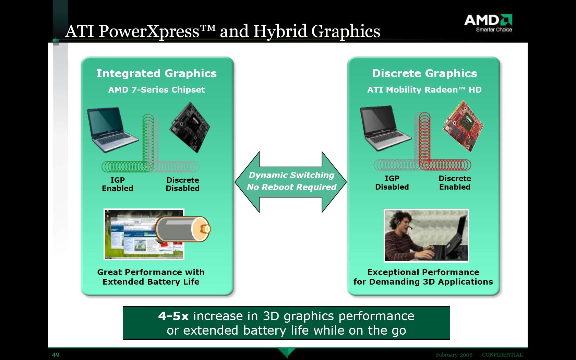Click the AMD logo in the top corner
point(488,23)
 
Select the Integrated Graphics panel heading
point(157,73)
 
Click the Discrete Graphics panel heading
point(424,73)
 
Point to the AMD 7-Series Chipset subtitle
point(156,90)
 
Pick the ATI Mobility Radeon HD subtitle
point(424,90)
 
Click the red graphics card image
point(463,126)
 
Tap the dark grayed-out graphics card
point(190,127)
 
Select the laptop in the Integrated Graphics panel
point(112,129)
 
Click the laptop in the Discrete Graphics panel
point(385,128)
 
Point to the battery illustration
point(182,229)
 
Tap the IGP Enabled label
point(118,184)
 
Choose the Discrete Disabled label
point(182,184)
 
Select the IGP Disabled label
point(392,182)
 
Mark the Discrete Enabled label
point(455,182)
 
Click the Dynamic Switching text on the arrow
point(291,175)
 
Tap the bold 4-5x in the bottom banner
point(173,316)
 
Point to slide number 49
point(56,355)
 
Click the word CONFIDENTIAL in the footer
point(502,355)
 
